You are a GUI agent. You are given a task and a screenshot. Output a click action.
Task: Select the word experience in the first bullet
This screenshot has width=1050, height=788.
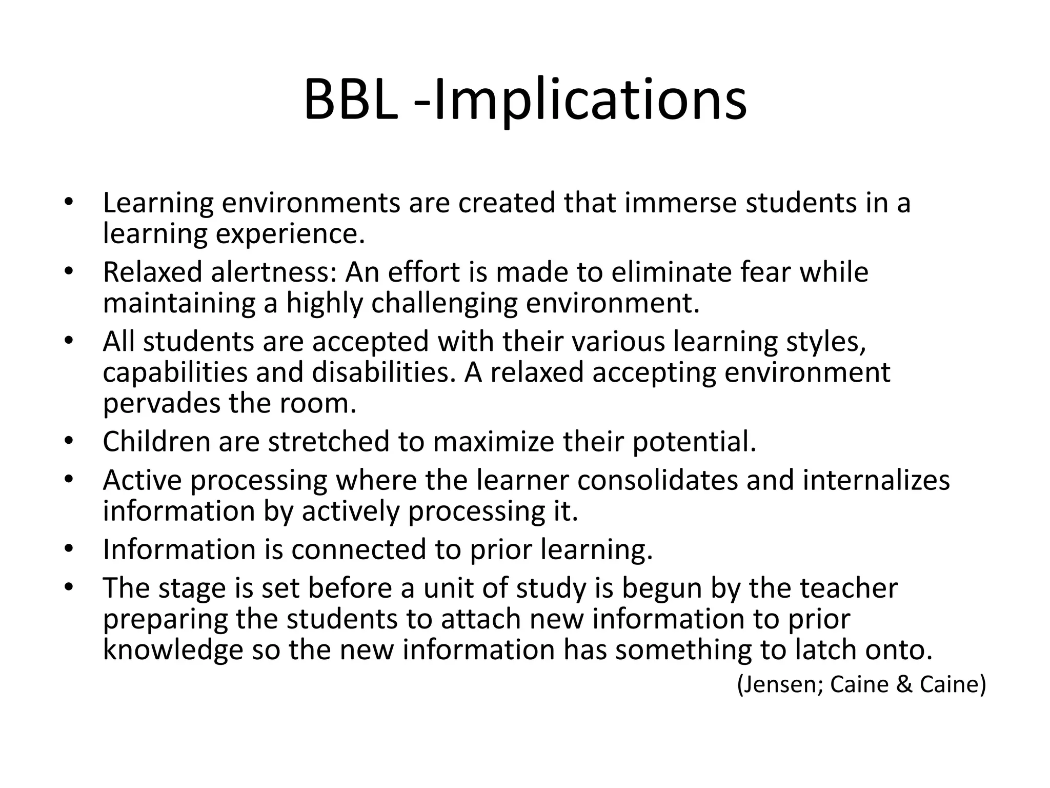tap(290, 234)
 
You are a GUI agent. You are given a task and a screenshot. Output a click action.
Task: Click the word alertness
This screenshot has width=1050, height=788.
tap(274, 272)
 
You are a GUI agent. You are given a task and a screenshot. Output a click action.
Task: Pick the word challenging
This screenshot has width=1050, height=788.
tap(444, 304)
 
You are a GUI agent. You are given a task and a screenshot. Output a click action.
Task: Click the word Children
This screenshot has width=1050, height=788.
tap(156, 442)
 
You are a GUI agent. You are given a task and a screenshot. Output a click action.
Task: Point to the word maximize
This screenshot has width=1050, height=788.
tap(493, 442)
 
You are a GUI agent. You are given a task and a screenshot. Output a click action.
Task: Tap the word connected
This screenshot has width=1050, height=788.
tap(358, 549)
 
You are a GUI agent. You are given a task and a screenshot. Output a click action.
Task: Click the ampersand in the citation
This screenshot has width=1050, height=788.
tap(904, 684)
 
